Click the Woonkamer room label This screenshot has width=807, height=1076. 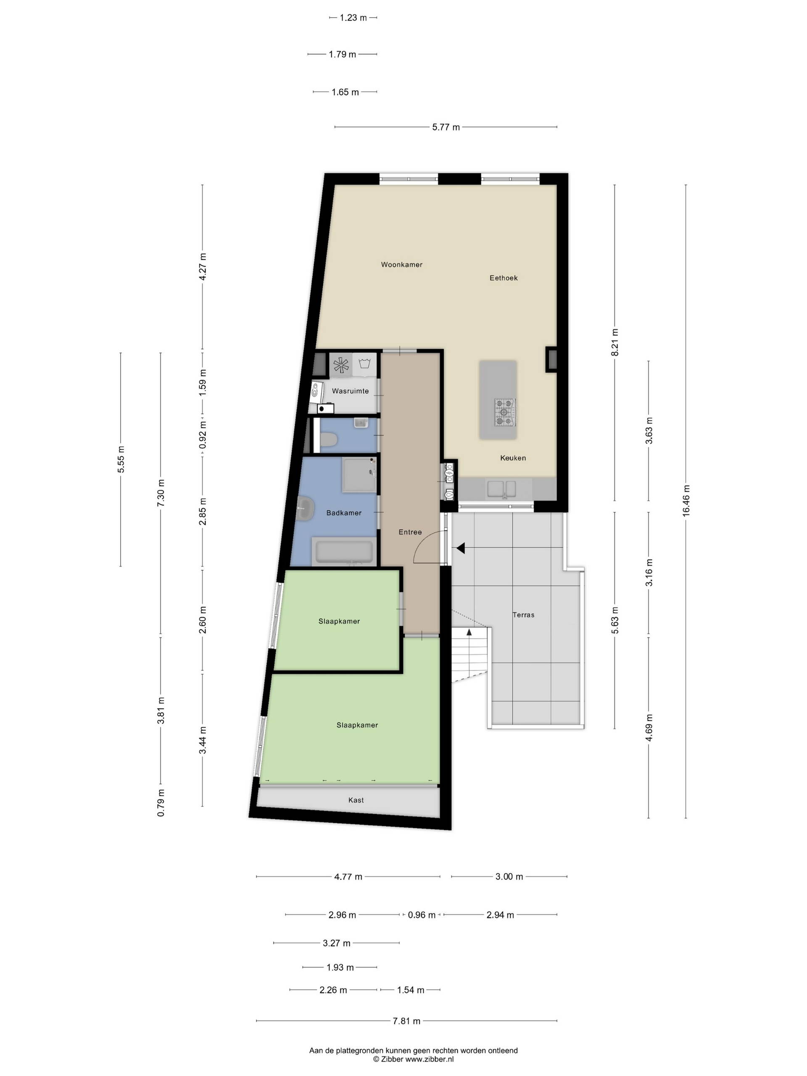(x=401, y=265)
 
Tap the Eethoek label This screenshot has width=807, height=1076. (x=504, y=278)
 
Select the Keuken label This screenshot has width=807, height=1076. (x=513, y=458)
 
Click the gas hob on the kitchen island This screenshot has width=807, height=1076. (x=504, y=412)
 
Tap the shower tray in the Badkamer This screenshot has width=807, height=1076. (x=359, y=474)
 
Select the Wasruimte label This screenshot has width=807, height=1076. (x=350, y=390)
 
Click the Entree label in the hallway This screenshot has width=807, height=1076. (x=410, y=532)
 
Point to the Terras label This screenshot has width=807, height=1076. (x=523, y=615)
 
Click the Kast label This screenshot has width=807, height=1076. (x=356, y=800)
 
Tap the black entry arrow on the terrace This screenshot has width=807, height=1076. (x=460, y=549)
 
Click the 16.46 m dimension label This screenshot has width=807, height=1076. (x=686, y=501)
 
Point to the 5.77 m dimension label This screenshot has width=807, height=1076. (x=446, y=127)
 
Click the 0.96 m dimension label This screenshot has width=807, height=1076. (x=422, y=915)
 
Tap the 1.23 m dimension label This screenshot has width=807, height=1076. (x=353, y=18)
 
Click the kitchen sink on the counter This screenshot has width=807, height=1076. (x=501, y=488)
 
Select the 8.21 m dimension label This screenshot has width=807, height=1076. (x=615, y=343)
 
